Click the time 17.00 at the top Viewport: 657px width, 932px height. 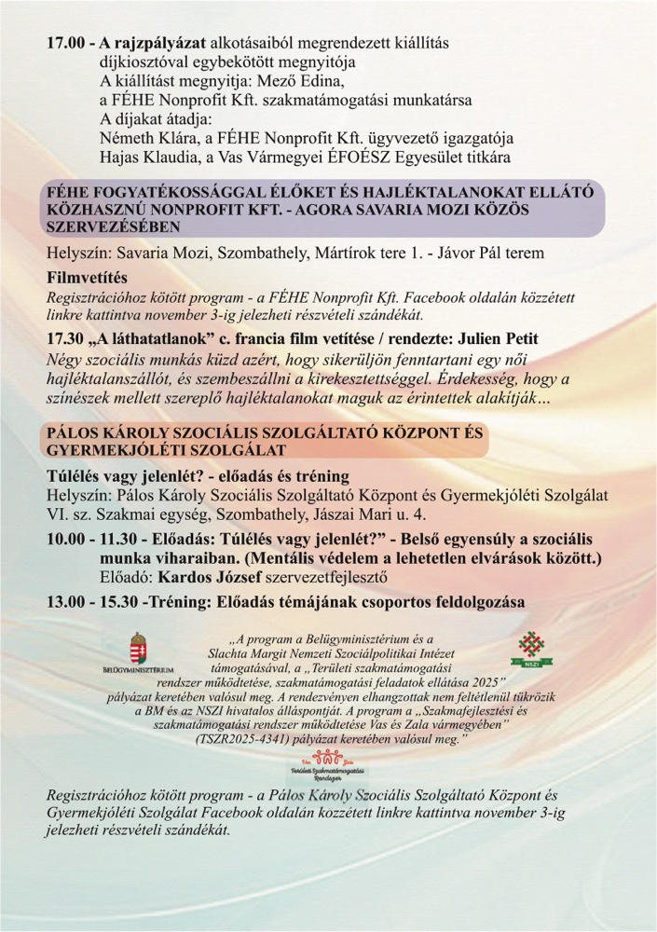[66, 43]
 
